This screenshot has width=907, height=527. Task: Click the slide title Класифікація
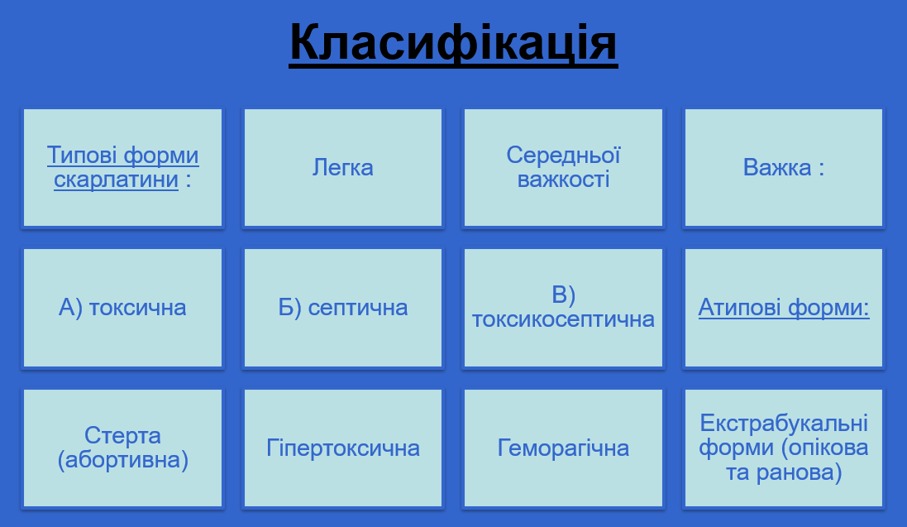pyautogui.click(x=453, y=43)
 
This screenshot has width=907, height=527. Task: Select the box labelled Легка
pyautogui.click(x=343, y=168)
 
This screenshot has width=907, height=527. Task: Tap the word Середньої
pyautogui.click(x=563, y=156)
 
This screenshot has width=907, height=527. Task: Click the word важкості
pyautogui.click(x=563, y=180)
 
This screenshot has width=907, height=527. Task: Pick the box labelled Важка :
pyautogui.click(x=784, y=168)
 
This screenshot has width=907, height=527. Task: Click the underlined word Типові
pyautogui.click(x=81, y=156)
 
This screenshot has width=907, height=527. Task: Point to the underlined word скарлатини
pyautogui.click(x=116, y=180)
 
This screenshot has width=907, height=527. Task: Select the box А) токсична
pyautogui.click(x=122, y=308)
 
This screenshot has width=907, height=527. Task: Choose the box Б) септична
pyautogui.click(x=343, y=308)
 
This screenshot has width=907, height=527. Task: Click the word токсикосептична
pyautogui.click(x=563, y=319)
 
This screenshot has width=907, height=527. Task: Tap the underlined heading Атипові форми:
pyautogui.click(x=784, y=308)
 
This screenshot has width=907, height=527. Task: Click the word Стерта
pyautogui.click(x=122, y=436)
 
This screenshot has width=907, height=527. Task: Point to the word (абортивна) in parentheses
pyautogui.click(x=123, y=460)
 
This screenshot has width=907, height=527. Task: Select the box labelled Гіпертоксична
pyautogui.click(x=343, y=448)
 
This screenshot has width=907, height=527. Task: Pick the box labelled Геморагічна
pyautogui.click(x=563, y=448)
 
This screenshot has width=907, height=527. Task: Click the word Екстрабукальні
pyautogui.click(x=784, y=424)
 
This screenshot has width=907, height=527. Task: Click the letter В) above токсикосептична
pyautogui.click(x=563, y=295)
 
